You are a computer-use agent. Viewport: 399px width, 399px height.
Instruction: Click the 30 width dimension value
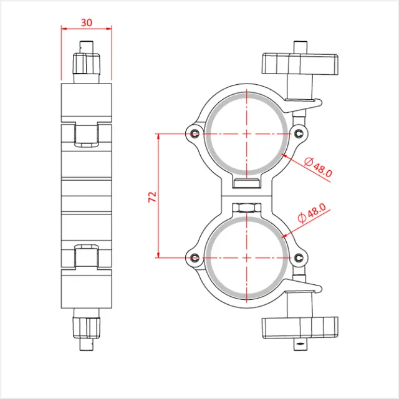point(87,22)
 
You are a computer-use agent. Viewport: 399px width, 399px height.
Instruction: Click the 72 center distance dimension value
point(151,196)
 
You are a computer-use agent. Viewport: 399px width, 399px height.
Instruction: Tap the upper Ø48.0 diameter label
point(318,168)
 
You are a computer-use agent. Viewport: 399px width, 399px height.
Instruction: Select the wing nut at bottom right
point(300,326)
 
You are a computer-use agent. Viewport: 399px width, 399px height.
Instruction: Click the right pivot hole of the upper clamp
point(300,133)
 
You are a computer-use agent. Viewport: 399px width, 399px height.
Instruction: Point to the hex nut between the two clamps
point(248,207)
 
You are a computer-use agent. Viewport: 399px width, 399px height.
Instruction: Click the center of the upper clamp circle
point(248,133)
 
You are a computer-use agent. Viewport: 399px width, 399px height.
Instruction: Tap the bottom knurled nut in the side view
point(87,327)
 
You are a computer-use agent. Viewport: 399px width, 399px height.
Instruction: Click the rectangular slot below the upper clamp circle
point(248,183)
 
